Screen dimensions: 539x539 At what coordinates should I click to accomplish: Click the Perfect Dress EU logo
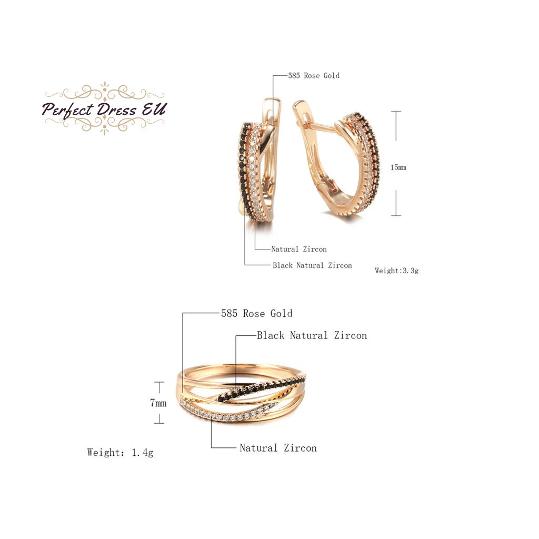pyautogui.click(x=104, y=109)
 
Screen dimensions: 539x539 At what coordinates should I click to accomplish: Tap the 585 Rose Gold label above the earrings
pyautogui.click(x=314, y=76)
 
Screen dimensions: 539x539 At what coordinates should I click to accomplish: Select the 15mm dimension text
pyautogui.click(x=398, y=167)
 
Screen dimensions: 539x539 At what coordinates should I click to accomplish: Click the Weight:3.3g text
pyautogui.click(x=396, y=271)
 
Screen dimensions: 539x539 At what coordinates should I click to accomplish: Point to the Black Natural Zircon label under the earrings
pyautogui.click(x=312, y=265)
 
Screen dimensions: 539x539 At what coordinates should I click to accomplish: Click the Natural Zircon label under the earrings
pyautogui.click(x=299, y=249)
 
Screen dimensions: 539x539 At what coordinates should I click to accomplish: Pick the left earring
pyautogui.click(x=257, y=161)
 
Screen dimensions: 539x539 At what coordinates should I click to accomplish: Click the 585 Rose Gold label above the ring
pyautogui.click(x=257, y=314)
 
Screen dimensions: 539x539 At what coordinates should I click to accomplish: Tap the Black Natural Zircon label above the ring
pyautogui.click(x=312, y=335)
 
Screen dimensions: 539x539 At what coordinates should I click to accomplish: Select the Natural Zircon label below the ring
pyautogui.click(x=278, y=448)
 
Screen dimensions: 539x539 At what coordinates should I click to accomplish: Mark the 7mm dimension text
pyautogui.click(x=158, y=404)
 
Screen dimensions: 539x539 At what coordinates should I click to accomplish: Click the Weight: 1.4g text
pyautogui.click(x=120, y=452)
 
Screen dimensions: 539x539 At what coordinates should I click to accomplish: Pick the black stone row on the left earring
pyautogui.click(x=243, y=163)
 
